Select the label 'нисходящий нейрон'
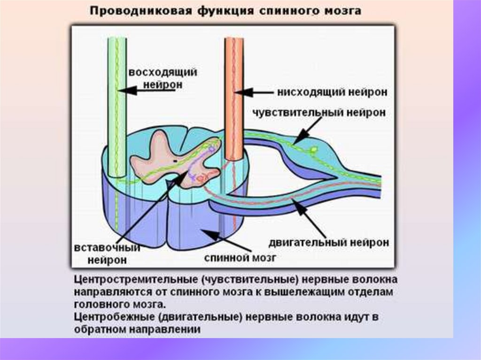[332, 92]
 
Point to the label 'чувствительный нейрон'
[319, 113]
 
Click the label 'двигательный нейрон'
[329, 242]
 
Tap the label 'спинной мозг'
[240, 257]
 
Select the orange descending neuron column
[233, 94]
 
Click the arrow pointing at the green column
[146, 90]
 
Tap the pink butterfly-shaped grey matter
[155, 155]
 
